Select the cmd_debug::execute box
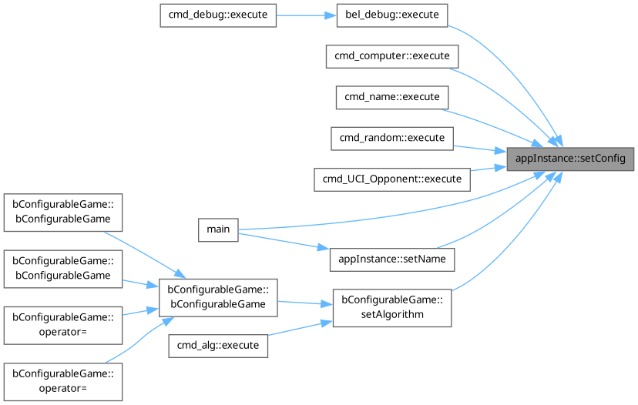click(217, 16)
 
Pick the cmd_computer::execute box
click(391, 57)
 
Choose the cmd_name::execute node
click(391, 98)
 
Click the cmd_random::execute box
click(391, 139)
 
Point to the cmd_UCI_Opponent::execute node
click(391, 179)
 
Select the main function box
click(218, 229)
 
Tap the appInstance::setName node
click(391, 259)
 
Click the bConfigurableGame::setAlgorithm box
click(391, 307)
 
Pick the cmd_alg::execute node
click(218, 346)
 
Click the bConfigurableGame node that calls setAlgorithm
click(217, 297)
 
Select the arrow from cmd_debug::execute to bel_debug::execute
click(306, 16)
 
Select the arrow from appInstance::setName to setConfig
click(501, 216)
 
